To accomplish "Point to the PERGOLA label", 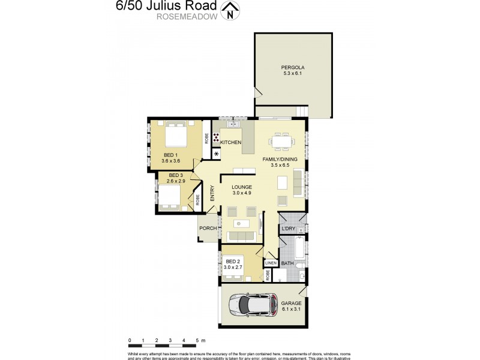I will pyautogui.click(x=293, y=67).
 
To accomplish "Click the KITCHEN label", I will pyautogui.click(x=230, y=142).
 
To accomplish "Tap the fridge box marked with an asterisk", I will pyautogui.click(x=216, y=154).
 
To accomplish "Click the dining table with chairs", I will pyautogui.click(x=283, y=141).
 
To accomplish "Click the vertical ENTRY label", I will pyautogui.click(x=212, y=193).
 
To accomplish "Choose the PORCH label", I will pyautogui.click(x=208, y=228).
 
